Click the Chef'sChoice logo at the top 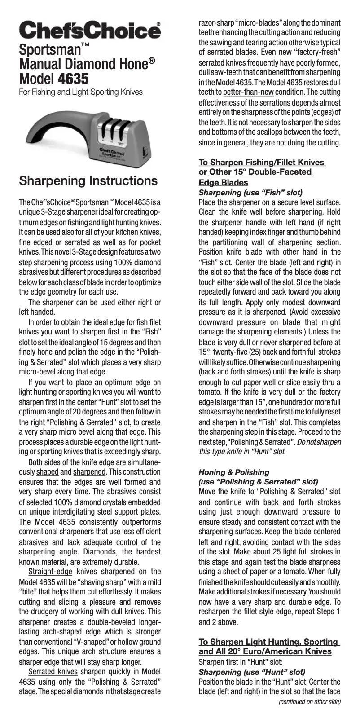[x=90, y=31]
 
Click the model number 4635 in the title [x=74, y=79]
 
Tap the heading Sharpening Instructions [x=88, y=181]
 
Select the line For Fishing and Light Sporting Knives [x=80, y=92]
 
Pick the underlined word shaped [x=47, y=472]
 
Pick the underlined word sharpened [x=89, y=472]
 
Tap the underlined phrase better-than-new [x=248, y=92]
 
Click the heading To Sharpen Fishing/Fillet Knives [x=262, y=163]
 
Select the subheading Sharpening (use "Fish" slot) [x=250, y=193]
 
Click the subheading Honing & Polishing [x=234, y=472]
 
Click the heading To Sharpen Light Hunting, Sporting [x=268, y=642]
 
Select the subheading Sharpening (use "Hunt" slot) [x=252, y=672]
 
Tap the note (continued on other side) [x=309, y=701]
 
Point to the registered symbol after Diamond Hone [x=152, y=60]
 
